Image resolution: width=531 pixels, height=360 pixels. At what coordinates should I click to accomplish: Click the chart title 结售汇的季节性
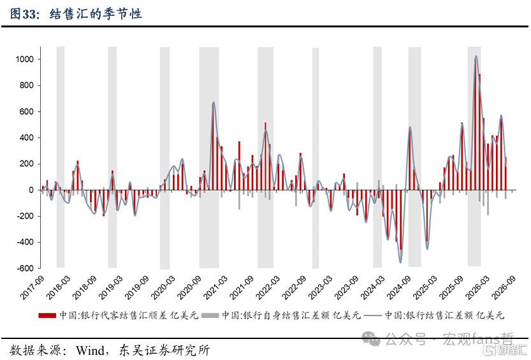point(96,14)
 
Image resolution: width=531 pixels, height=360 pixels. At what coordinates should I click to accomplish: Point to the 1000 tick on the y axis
point(25,59)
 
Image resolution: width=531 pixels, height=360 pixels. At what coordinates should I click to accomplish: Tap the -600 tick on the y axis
point(25,268)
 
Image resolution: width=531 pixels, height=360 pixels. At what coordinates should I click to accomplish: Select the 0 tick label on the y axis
point(31,190)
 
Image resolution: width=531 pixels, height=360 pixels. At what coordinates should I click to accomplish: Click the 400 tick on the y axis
point(27,138)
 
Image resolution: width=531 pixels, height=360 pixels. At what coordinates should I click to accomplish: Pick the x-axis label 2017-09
point(32,287)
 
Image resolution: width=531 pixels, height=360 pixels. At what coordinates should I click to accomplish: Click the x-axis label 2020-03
point(163,287)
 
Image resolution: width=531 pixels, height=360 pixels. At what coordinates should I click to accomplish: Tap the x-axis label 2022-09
point(294,287)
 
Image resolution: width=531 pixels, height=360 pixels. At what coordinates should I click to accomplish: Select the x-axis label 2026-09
point(504,287)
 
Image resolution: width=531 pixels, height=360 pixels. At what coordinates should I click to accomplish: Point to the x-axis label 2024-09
point(398,287)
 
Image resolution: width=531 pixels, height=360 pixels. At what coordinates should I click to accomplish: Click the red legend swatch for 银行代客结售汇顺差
point(47,315)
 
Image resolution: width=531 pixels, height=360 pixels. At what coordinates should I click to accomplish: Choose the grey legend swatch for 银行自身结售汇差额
point(210,315)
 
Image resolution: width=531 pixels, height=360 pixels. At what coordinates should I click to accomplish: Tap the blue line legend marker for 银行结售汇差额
point(373,315)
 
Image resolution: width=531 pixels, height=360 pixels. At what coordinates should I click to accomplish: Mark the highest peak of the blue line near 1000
point(476,56)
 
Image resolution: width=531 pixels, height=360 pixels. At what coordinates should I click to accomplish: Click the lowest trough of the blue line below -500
point(400,263)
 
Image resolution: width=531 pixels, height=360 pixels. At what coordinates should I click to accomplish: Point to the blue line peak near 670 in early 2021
point(214,102)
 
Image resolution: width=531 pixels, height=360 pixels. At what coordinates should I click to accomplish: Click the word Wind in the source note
point(90,350)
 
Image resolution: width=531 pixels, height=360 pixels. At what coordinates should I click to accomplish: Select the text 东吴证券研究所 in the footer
point(164,350)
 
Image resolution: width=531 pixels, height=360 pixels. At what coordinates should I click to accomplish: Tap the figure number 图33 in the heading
point(23,14)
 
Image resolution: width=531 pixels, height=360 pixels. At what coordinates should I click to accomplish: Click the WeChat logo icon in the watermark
point(371,339)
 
